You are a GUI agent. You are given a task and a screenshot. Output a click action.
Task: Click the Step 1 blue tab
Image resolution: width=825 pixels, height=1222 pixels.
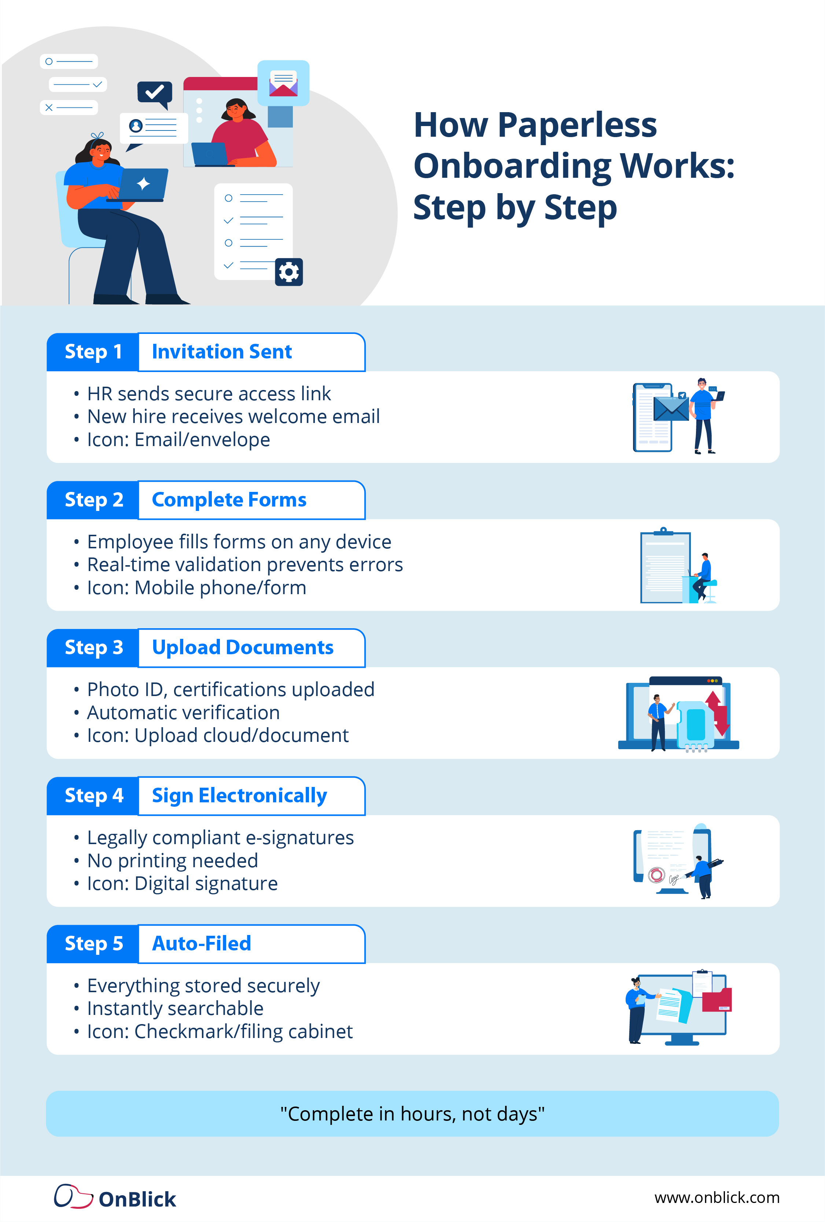93,352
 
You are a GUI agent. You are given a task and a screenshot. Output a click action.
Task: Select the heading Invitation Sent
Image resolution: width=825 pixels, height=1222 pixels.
221,352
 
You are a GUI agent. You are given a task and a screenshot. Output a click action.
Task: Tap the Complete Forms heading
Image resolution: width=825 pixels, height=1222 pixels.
229,500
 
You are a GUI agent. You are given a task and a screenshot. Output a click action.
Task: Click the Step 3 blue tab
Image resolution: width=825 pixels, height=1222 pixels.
93,648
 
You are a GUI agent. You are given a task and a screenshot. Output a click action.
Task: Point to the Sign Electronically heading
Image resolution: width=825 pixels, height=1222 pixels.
239,796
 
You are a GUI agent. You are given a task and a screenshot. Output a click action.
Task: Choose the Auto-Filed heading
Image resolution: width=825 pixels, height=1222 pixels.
201,944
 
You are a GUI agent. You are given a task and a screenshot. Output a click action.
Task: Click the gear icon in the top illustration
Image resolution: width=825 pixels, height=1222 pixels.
289,272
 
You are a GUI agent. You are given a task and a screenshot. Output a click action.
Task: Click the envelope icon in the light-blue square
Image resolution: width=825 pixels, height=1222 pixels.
283,84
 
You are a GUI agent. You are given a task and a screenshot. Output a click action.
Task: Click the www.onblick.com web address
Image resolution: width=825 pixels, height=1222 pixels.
717,1197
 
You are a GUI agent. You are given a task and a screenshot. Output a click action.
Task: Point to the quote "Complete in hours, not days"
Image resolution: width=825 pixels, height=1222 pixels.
412,1114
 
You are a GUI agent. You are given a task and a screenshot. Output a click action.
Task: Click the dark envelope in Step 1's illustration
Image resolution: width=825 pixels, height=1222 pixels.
671,409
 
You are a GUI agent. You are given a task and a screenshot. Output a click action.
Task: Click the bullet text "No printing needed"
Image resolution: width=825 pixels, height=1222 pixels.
173,861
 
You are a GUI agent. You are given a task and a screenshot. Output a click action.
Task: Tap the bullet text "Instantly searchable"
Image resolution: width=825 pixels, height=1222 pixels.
175,1009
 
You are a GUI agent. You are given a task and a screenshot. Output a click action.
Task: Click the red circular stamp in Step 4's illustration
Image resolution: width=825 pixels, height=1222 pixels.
656,875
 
